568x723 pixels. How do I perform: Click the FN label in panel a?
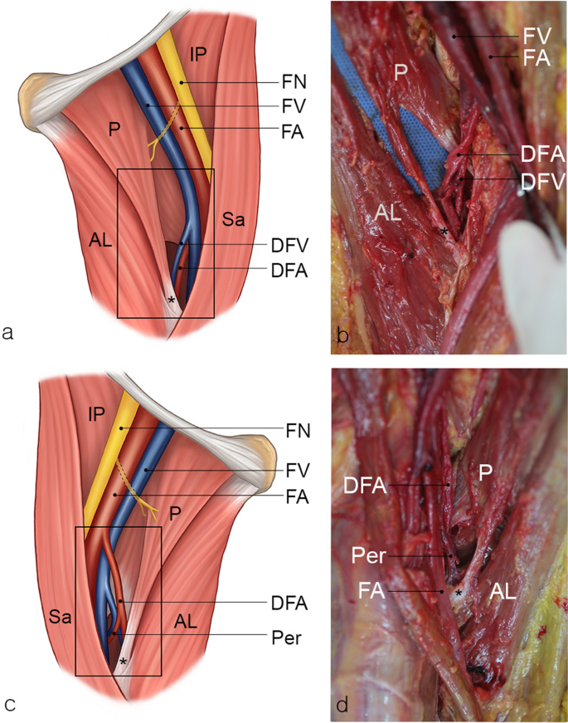coord(293,83)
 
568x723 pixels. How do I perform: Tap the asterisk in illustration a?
coord(172,299)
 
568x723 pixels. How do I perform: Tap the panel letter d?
coord(340,704)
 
